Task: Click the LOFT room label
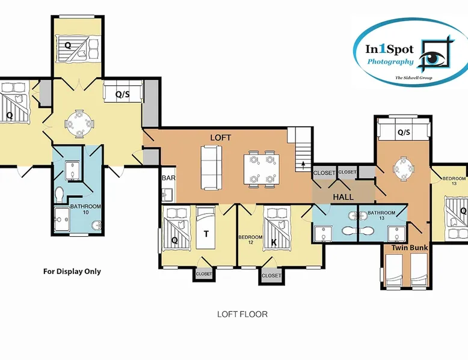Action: [221, 138]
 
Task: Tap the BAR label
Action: [168, 178]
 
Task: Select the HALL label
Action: [343, 197]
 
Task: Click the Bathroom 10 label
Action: [85, 209]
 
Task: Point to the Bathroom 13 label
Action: [381, 215]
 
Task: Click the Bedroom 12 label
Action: [250, 240]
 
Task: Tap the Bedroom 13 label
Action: [454, 181]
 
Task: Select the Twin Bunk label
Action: [410, 248]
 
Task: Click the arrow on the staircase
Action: [304, 165]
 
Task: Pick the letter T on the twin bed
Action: [206, 234]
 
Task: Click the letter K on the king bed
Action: [274, 242]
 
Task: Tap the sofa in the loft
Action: [211, 168]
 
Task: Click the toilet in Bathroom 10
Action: [59, 195]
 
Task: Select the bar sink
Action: [165, 195]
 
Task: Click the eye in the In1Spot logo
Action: [433, 57]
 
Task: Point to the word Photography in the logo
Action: [390, 62]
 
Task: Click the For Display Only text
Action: [72, 272]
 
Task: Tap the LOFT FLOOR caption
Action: [242, 314]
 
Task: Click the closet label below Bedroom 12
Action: [271, 276]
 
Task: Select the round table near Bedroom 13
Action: [404, 168]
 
